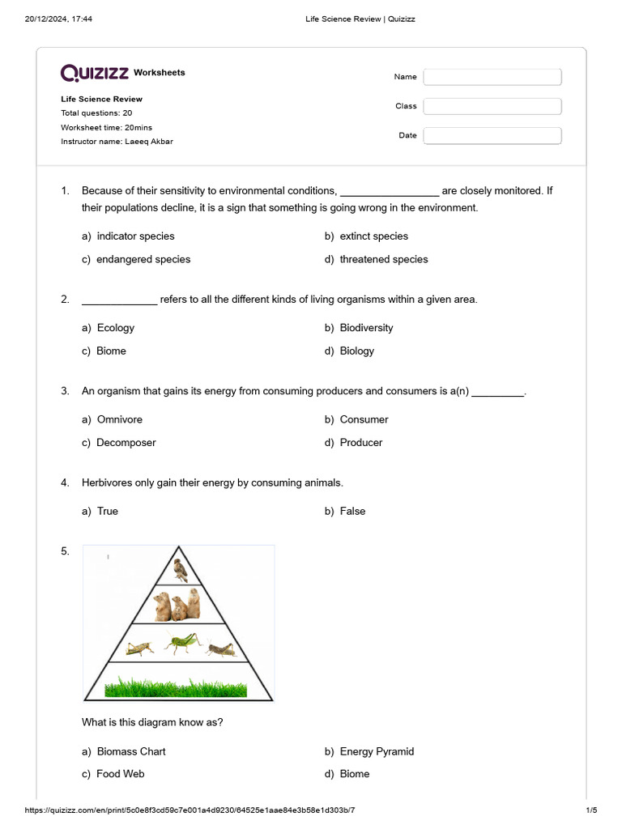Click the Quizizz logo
coord(95,73)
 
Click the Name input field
coord(492,77)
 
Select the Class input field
coord(492,106)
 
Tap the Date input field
coord(492,135)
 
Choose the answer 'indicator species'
coord(135,236)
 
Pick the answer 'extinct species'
coord(373,236)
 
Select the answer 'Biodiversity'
coord(366,328)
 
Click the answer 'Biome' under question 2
coord(111,351)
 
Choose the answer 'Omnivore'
coord(119,419)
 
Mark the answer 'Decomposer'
coord(126,443)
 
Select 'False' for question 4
coord(352,512)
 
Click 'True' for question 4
coord(107,512)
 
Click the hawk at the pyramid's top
coord(181,570)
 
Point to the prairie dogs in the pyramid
coord(177,604)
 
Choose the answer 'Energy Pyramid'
coord(377,751)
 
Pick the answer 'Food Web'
coord(120,774)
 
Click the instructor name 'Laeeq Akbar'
coord(148,142)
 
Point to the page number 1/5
coord(590,810)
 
